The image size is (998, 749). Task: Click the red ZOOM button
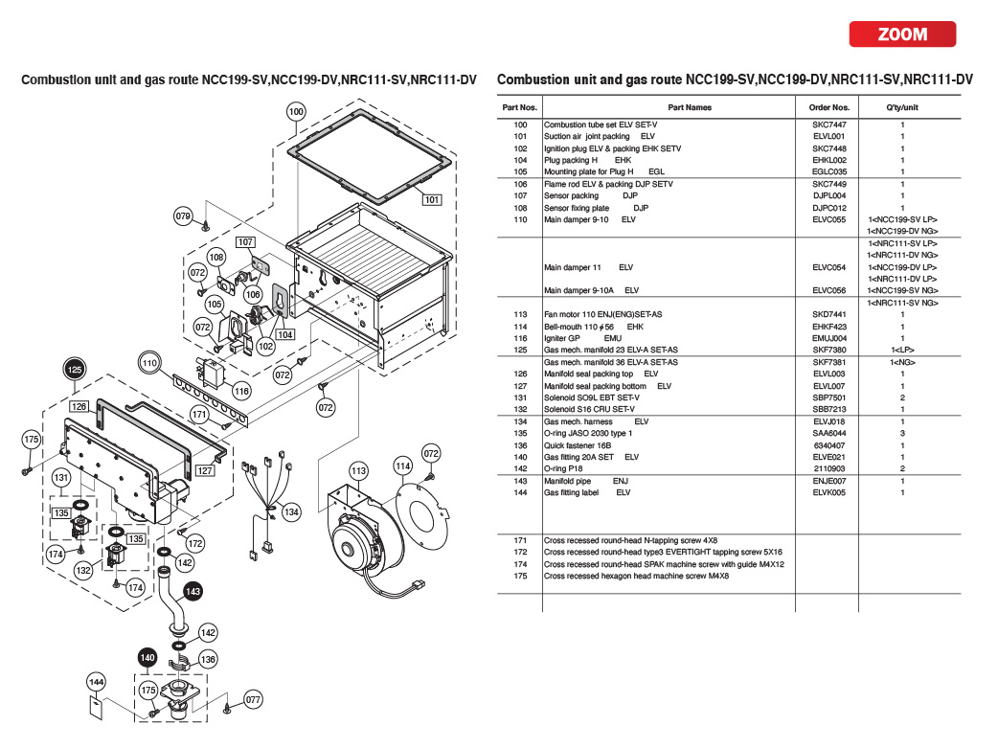click(902, 34)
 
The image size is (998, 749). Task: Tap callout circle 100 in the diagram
click(296, 112)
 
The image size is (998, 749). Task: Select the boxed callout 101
click(431, 200)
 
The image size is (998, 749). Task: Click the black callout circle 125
click(75, 369)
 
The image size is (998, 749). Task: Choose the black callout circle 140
click(147, 658)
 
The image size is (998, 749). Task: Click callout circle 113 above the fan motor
click(358, 470)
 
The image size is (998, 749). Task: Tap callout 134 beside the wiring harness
click(291, 512)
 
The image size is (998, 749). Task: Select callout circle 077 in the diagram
click(252, 699)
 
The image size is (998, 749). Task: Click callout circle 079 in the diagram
click(183, 216)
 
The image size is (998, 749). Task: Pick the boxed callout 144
click(96, 682)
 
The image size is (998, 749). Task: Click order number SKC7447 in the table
click(828, 125)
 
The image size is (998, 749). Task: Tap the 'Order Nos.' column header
click(828, 107)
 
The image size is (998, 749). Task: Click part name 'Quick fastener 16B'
click(578, 445)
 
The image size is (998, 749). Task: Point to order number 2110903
click(828, 468)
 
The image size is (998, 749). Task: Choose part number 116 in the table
click(520, 338)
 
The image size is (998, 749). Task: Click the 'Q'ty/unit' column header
click(901, 107)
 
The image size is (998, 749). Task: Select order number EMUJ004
click(828, 338)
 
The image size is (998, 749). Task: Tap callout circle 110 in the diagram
click(148, 364)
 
